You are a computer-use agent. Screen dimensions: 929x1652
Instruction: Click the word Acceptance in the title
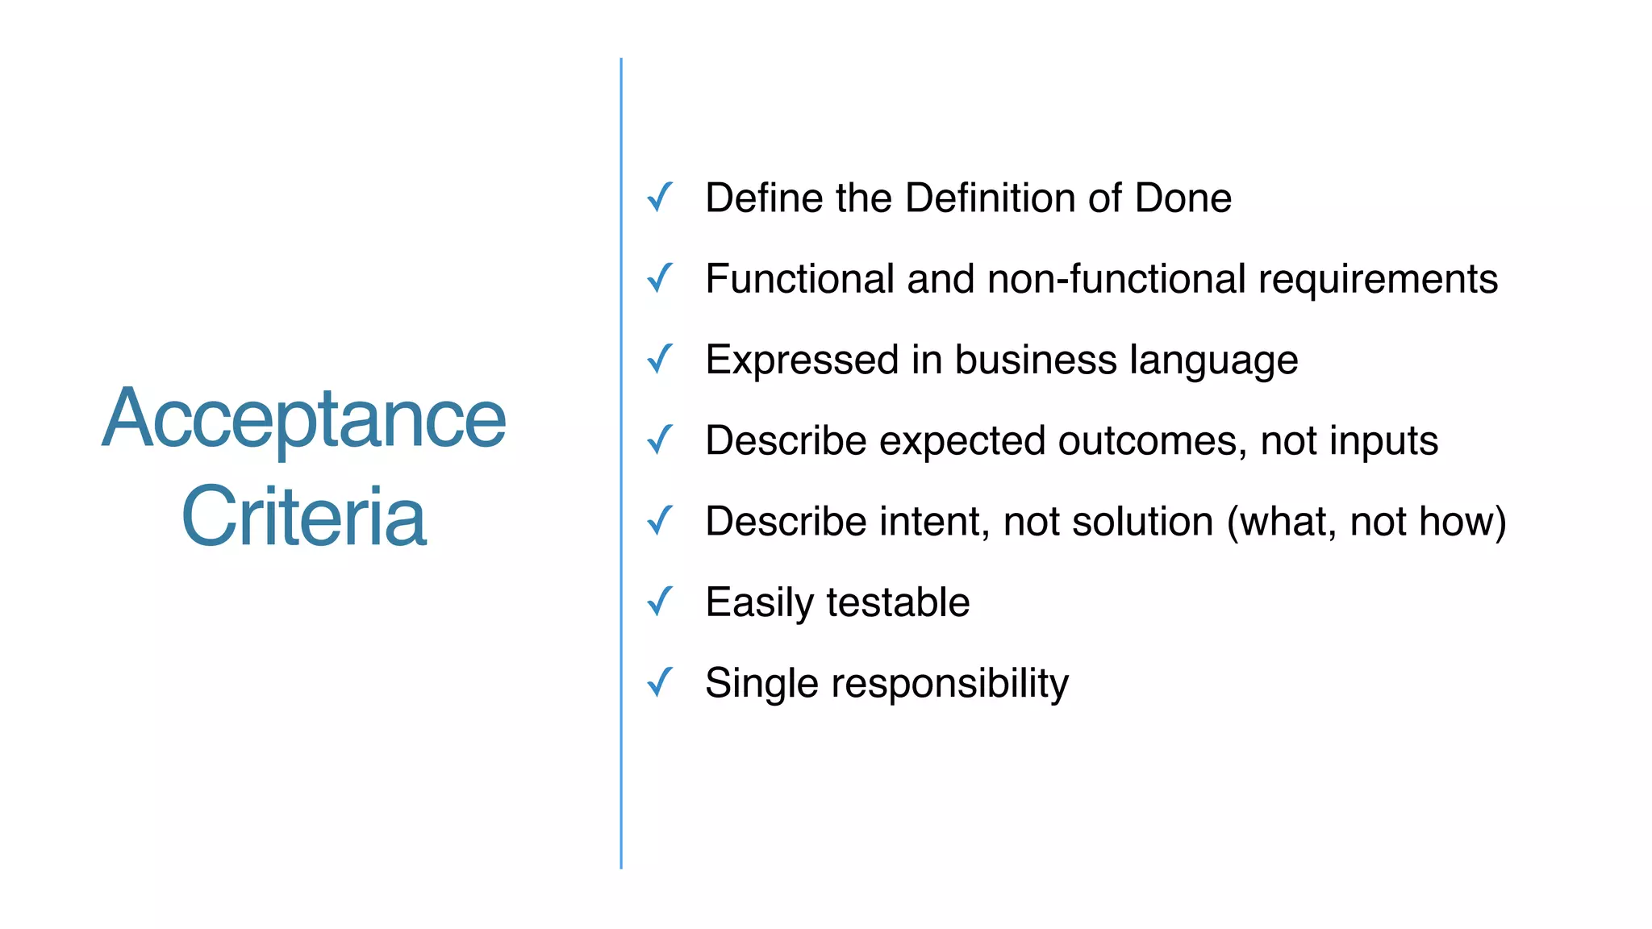click(x=304, y=419)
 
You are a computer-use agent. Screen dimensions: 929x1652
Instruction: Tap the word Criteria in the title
click(x=303, y=517)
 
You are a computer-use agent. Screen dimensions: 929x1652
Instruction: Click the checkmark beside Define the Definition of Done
click(x=660, y=198)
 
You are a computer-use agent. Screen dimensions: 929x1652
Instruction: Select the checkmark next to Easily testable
click(x=660, y=602)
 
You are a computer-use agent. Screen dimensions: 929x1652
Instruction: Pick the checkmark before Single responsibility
click(x=660, y=682)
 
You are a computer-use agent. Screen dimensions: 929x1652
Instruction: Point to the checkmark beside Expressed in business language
click(x=660, y=359)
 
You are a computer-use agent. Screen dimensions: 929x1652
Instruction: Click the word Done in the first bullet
click(x=1183, y=198)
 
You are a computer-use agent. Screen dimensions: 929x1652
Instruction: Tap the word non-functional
click(x=1117, y=279)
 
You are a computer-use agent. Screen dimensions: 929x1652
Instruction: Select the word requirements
click(x=1378, y=279)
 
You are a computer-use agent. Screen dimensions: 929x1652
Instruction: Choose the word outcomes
click(x=1152, y=441)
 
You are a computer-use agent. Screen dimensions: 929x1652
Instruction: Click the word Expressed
click(x=802, y=360)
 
